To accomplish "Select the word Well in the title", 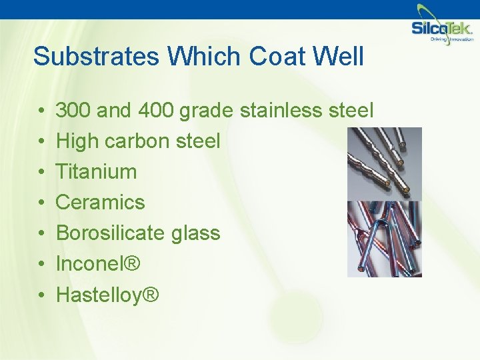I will pos(337,57).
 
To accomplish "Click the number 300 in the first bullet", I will pos(74,110).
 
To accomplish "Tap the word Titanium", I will pos(96,171).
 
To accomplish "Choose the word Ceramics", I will pos(100,202).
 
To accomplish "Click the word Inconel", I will pos(89,263).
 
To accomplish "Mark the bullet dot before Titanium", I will pos(41,172).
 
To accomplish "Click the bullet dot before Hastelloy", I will pos(41,295).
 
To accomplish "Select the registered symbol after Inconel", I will pos(132,263).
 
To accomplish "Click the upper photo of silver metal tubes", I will pos(384,163).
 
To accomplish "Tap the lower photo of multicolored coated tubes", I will pos(384,239).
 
